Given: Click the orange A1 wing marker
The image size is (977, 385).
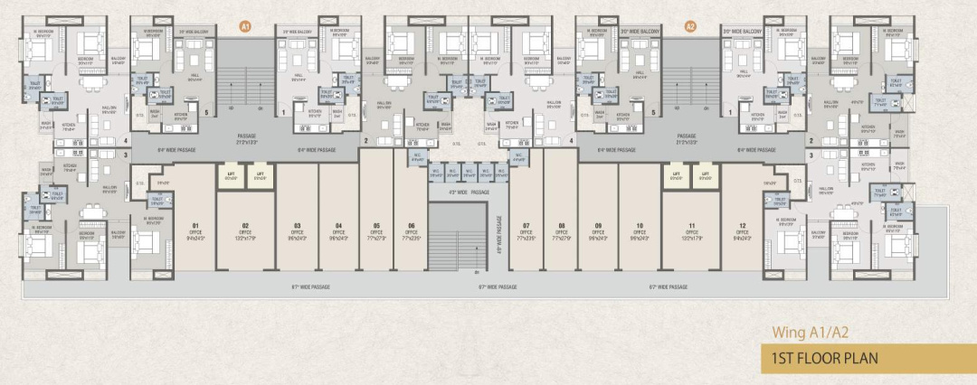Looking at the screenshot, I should coord(244,27).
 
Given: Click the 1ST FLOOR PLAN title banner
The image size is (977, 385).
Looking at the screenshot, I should coord(820,358).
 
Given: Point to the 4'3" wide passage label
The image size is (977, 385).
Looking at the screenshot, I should coord(468,192).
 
